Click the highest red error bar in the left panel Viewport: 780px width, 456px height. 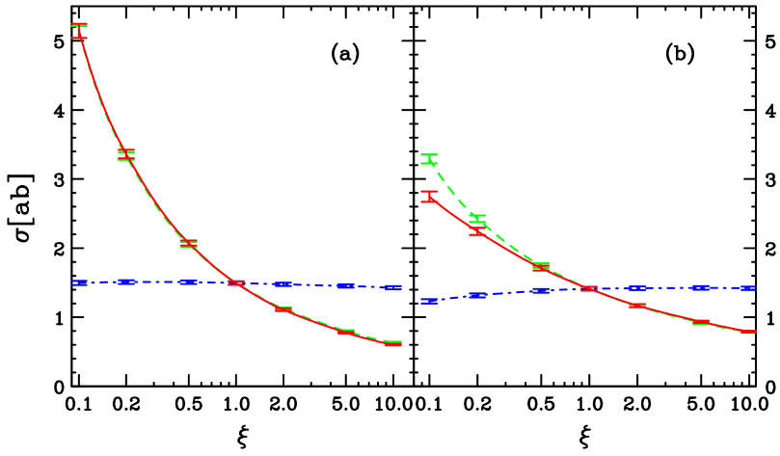(x=79, y=31)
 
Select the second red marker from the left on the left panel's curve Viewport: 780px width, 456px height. (x=126, y=153)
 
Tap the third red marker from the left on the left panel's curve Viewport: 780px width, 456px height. (x=188, y=243)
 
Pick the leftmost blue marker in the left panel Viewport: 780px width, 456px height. (x=79, y=282)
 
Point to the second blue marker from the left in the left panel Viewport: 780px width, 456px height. (x=126, y=282)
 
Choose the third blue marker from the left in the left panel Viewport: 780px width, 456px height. (x=188, y=282)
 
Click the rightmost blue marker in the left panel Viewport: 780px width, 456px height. (x=392, y=287)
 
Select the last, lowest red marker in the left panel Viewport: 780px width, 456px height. (x=392, y=343)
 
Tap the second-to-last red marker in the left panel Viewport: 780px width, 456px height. (x=345, y=331)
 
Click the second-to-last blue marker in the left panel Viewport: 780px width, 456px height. (x=345, y=286)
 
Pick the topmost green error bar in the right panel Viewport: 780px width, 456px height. (x=429, y=159)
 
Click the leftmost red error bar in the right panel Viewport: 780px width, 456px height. (x=429, y=197)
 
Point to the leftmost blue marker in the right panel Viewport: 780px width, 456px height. (x=429, y=301)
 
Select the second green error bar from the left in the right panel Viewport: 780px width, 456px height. (x=477, y=218)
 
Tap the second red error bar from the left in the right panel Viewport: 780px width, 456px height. (x=477, y=231)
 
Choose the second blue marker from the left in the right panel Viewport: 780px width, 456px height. (x=477, y=295)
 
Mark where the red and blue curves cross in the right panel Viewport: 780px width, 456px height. (x=588, y=288)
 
